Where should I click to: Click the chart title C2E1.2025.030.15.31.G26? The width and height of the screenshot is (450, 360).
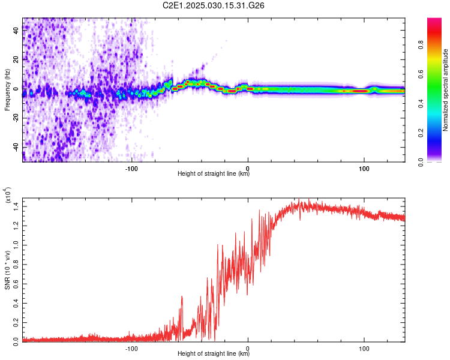click(213, 5)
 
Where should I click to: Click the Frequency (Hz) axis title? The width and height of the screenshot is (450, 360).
click(7, 90)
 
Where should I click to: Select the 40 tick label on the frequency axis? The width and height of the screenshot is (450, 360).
click(16, 30)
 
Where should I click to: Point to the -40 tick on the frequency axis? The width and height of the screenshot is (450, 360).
click(16, 148)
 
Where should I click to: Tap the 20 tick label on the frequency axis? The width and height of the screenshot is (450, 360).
click(16, 60)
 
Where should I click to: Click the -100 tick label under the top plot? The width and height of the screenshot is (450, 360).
click(131, 169)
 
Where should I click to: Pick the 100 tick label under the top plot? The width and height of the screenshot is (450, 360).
click(364, 169)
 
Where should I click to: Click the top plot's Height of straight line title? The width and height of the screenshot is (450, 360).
click(214, 173)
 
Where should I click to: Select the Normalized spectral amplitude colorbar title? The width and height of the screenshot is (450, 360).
click(445, 90)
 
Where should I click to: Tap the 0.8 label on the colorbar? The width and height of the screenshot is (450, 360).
click(421, 45)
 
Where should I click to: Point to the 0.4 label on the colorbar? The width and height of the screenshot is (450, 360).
click(421, 104)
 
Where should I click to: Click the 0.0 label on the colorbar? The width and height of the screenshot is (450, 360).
click(421, 163)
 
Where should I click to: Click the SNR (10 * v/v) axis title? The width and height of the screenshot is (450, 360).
click(7, 270)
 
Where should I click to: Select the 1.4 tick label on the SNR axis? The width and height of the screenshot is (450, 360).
click(16, 206)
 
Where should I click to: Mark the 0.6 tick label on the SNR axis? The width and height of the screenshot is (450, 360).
click(16, 284)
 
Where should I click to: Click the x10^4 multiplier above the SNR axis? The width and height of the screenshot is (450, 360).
click(8, 195)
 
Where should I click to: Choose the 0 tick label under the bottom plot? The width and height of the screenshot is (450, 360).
click(248, 349)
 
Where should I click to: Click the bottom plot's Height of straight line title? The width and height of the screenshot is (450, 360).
click(214, 353)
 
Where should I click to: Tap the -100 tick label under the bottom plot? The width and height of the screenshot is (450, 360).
click(131, 349)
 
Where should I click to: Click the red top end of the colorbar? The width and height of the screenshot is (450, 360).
click(434, 20)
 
